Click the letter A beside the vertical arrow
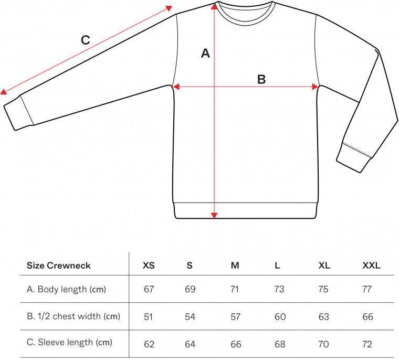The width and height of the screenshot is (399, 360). [x=205, y=54]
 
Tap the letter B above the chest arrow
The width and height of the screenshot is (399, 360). [x=261, y=79]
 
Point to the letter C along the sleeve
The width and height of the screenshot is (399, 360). [x=86, y=40]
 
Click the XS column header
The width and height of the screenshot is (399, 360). [x=149, y=266]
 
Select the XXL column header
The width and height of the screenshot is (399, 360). [x=371, y=266]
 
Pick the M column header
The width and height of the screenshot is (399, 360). [x=235, y=266]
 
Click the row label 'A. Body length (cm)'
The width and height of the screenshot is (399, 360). [x=67, y=289]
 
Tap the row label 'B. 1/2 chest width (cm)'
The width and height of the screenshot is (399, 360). [x=73, y=316]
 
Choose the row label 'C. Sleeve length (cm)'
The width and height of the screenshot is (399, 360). [x=69, y=343]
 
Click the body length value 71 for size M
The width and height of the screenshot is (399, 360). [x=235, y=289]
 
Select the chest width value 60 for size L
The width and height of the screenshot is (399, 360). [x=280, y=317]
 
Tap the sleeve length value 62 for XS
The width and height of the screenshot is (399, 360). [x=149, y=344]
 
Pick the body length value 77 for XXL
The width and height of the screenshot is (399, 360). [x=367, y=289]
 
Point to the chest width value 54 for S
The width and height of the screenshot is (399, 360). [x=190, y=317]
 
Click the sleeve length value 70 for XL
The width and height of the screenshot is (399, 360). [x=323, y=344]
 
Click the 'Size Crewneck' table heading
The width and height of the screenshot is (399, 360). [x=58, y=266]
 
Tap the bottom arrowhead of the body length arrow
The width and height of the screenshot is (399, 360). [x=214, y=216]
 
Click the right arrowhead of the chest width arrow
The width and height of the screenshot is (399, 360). [x=315, y=87]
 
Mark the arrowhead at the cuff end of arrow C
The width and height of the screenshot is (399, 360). [x=3, y=92]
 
